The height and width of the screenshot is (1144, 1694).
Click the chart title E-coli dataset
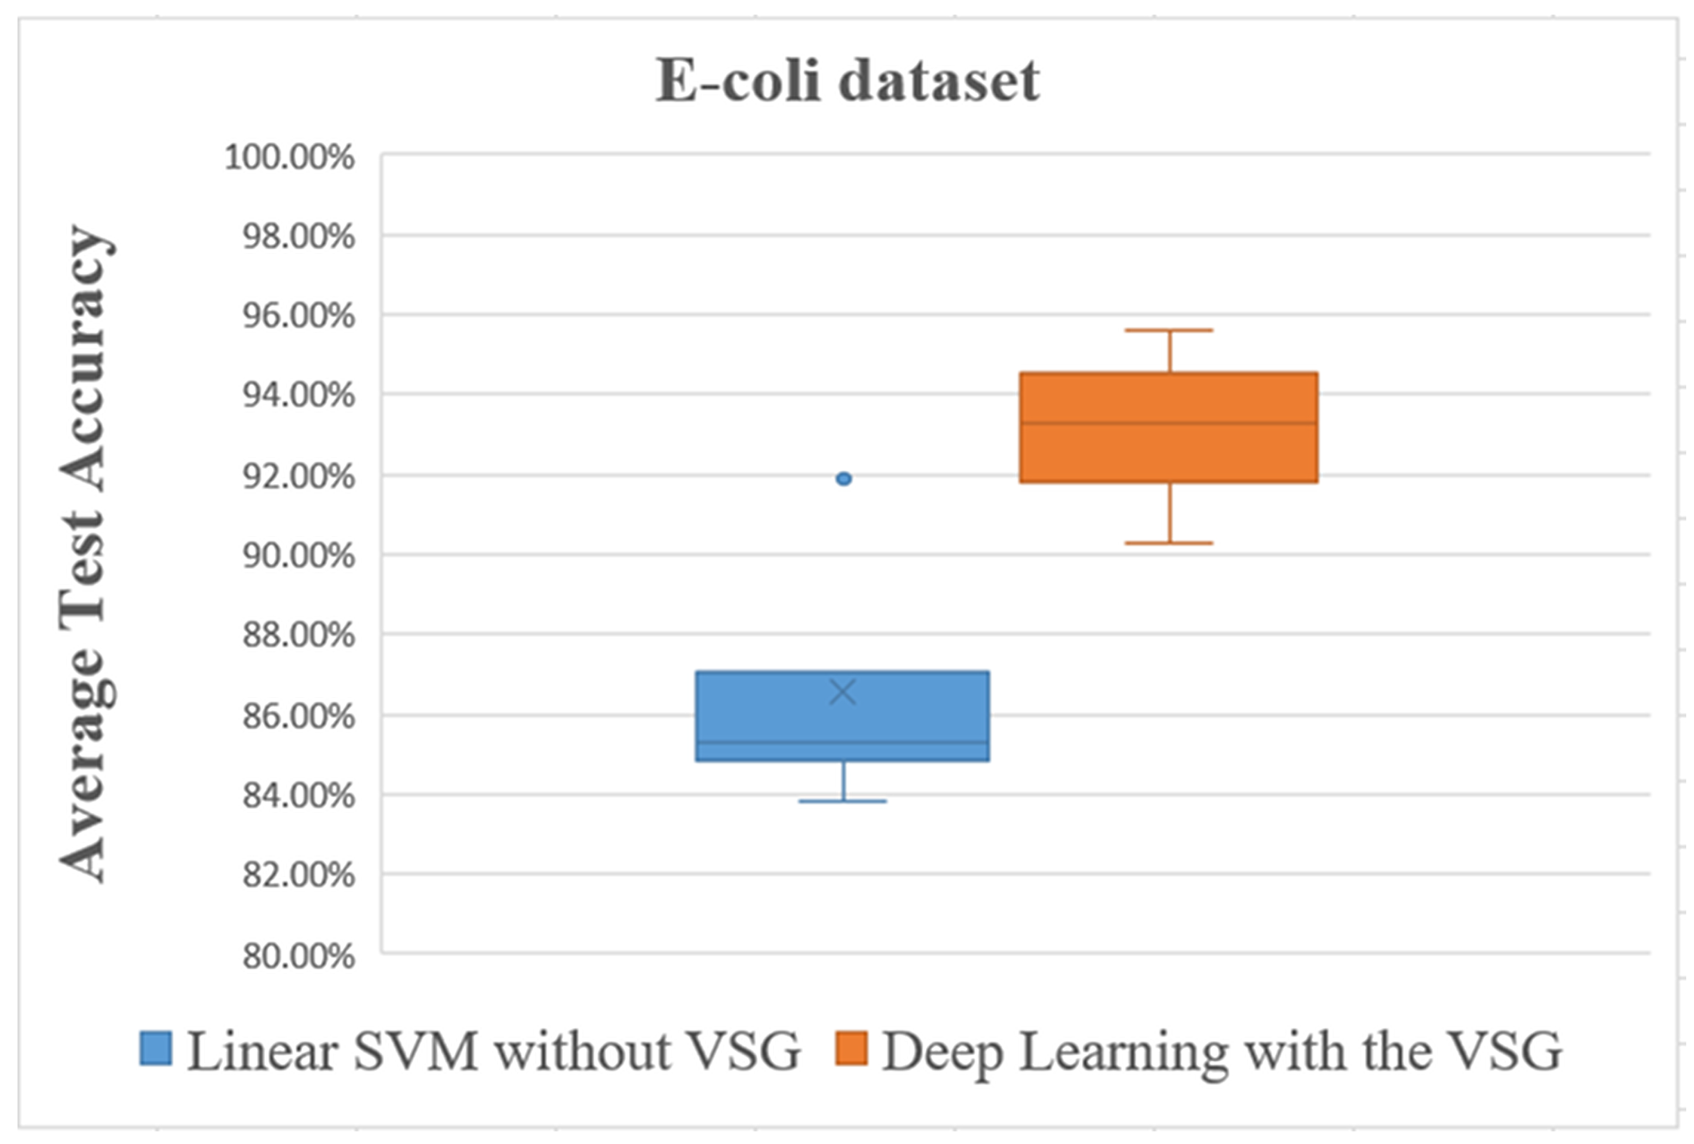tap(847, 80)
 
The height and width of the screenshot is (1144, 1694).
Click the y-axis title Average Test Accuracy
tap(86, 554)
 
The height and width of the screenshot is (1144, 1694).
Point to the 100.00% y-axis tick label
tap(289, 157)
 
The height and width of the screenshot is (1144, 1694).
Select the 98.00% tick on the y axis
tap(299, 237)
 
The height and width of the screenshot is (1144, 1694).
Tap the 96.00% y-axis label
tap(299, 316)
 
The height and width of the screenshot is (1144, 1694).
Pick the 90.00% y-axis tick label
tap(299, 556)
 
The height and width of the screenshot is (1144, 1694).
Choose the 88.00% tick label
tap(299, 636)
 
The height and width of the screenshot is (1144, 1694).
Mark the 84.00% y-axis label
tap(299, 795)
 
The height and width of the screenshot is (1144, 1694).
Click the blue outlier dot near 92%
tap(843, 479)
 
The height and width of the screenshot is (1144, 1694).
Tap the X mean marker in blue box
tap(843, 692)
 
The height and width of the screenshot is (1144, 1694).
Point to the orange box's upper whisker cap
tap(1169, 330)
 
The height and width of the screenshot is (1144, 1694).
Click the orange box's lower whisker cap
tap(1169, 543)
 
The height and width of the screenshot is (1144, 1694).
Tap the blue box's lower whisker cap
tap(843, 801)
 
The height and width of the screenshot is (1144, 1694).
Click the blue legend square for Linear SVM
tap(156, 1049)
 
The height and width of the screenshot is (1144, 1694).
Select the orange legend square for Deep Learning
tap(851, 1049)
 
